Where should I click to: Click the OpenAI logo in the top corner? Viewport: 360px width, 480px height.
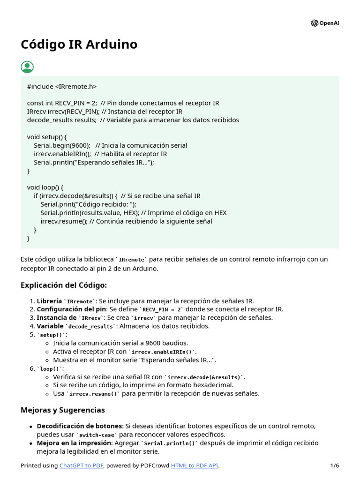click(x=324, y=23)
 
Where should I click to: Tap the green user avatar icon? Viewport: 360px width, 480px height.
click(x=27, y=67)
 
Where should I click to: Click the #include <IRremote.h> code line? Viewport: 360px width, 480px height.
click(x=62, y=86)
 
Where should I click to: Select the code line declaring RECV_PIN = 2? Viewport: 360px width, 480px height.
click(x=123, y=103)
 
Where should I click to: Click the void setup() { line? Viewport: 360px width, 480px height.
click(x=47, y=137)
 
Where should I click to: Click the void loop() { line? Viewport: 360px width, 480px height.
click(x=45, y=187)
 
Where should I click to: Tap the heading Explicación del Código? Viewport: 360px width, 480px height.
click(x=64, y=285)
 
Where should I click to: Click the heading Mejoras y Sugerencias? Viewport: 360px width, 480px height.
click(x=63, y=410)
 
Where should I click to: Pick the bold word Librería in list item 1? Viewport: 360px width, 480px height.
click(x=49, y=301)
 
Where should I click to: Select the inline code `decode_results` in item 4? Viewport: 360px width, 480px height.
click(x=91, y=326)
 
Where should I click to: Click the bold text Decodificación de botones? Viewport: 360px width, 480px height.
click(x=79, y=426)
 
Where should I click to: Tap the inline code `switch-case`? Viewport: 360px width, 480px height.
click(x=96, y=435)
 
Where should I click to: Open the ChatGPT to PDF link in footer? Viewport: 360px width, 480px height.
click(x=82, y=465)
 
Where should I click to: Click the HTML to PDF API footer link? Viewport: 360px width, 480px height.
click(x=195, y=465)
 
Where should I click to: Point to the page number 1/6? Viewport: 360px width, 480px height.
click(x=334, y=465)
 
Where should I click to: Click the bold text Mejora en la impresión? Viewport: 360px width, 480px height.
click(x=74, y=443)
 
